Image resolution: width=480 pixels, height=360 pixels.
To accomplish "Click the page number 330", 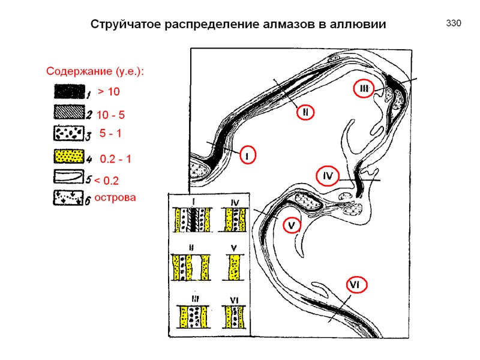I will [453, 23].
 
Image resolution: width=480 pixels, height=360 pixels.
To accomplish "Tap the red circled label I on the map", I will [246, 155].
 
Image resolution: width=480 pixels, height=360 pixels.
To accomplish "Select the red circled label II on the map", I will [305, 112].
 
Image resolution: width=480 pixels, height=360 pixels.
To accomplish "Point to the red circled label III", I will [364, 89].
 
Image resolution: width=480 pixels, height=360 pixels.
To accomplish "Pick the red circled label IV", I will [328, 176].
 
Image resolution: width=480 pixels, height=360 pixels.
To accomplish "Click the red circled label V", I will [291, 225].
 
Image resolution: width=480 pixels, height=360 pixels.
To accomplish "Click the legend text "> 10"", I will [109, 92].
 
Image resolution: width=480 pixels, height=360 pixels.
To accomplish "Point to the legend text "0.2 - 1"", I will [115, 160].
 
